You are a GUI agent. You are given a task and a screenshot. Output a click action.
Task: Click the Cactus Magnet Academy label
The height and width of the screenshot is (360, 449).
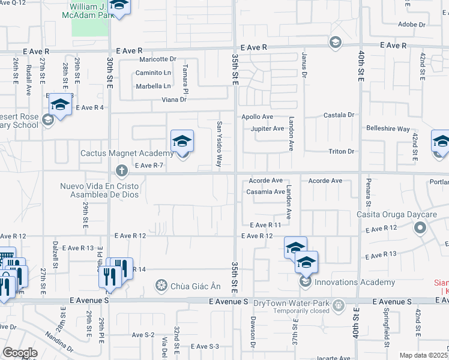coord(127,154)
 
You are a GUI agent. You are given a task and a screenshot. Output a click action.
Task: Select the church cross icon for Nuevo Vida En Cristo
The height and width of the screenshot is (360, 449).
coord(122,170)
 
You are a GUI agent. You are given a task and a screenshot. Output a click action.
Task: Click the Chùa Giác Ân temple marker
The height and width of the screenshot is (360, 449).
coord(161,284)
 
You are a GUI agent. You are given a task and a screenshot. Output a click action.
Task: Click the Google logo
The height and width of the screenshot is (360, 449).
coord(20,353)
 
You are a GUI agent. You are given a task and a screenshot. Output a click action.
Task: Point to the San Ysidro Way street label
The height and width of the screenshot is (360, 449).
coord(220,143)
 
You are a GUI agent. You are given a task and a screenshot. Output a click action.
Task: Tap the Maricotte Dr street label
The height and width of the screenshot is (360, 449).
coord(158,59)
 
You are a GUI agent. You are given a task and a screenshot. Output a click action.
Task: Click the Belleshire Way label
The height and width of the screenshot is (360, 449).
coord(388,129)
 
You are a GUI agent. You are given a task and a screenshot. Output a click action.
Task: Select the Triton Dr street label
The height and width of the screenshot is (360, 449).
coord(342,151)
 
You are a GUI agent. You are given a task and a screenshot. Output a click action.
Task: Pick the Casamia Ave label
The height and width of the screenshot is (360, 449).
coord(265,192)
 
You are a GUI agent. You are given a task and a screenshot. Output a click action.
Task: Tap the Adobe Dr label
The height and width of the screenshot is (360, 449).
coord(412,25)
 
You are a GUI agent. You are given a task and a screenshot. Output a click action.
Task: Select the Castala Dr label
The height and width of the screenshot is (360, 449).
coord(340,114)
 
